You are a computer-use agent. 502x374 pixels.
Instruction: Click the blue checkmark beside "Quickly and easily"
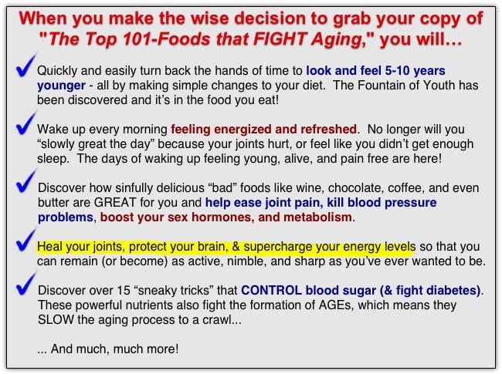pos(26,65)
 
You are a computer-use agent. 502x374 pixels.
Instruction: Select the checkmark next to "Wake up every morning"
pos(26,123)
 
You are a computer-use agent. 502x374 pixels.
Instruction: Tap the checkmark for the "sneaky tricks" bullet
pos(26,285)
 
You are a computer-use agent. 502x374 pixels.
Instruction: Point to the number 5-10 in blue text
pos(397,71)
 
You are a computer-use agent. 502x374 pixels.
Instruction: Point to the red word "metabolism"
pos(317,217)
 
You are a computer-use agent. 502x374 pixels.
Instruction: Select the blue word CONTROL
pos(271,290)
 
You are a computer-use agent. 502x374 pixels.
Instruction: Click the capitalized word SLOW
pos(56,320)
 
